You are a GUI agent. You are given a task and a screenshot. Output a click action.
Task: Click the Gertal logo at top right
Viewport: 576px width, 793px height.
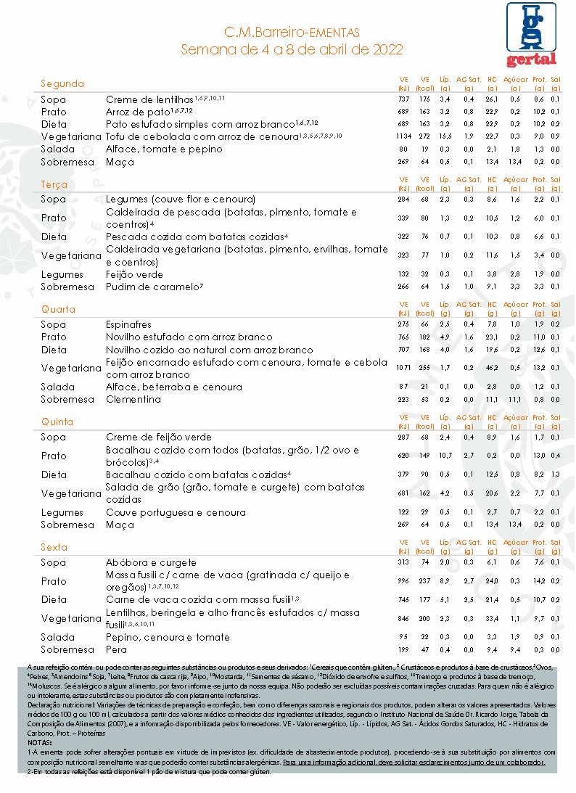[x=531, y=34]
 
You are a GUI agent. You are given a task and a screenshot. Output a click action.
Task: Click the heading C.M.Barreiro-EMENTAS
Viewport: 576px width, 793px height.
[x=292, y=33]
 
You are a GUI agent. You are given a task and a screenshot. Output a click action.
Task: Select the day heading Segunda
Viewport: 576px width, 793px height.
[x=62, y=83]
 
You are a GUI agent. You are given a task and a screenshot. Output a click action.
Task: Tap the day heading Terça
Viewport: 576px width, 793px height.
[x=54, y=185]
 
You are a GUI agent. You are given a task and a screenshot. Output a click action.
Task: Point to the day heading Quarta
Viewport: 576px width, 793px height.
[x=58, y=310]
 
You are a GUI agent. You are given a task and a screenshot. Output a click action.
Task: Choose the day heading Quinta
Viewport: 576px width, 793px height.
[x=57, y=422]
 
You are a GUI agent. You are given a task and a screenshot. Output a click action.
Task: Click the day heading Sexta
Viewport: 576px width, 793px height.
[x=54, y=547]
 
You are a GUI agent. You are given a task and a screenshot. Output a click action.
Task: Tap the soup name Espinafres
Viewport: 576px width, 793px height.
[x=128, y=324]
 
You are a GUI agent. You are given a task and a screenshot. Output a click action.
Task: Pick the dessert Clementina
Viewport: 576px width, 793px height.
[x=133, y=399]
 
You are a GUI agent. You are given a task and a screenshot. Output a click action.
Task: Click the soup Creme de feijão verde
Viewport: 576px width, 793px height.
[x=158, y=437]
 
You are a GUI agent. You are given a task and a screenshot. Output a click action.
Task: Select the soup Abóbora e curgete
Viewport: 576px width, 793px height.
[x=151, y=562]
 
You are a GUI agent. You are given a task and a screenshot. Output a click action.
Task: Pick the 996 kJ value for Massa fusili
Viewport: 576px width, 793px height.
[x=404, y=580]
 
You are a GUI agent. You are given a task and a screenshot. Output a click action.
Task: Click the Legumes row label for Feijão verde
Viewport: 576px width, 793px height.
[x=62, y=275]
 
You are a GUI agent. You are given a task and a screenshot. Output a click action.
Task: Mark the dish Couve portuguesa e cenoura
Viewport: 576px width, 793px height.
[x=176, y=512]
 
